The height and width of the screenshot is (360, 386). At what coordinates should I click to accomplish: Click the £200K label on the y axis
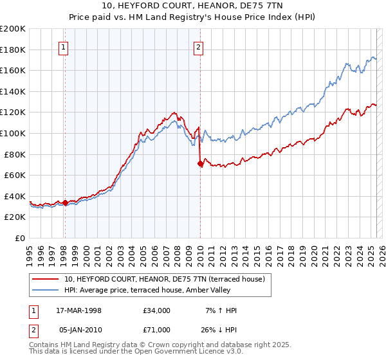[x=13, y=29]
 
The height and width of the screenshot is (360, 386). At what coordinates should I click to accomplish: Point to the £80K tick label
[x=15, y=154]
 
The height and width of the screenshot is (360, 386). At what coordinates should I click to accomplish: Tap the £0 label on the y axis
[x=19, y=238]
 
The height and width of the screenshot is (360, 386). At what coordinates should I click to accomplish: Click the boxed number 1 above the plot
[x=64, y=46]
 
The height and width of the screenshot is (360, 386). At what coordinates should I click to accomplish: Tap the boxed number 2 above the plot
[x=199, y=46]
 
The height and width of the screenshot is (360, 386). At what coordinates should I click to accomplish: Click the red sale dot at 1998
[x=65, y=203]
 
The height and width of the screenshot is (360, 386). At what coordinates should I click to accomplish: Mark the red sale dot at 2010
[x=200, y=164]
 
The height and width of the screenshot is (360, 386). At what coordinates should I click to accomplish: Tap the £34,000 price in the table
[x=158, y=310]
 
